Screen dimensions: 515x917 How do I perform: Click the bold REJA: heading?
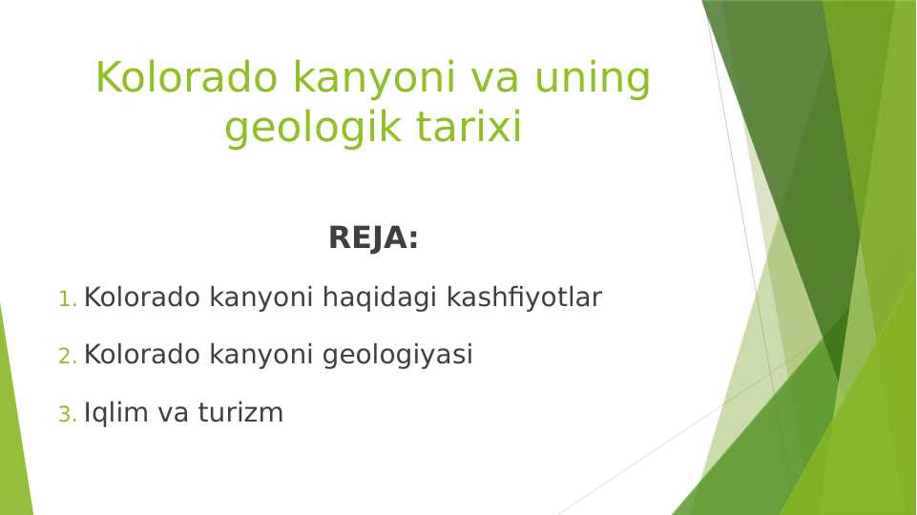[x=373, y=238]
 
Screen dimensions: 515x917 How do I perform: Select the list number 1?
[x=66, y=299]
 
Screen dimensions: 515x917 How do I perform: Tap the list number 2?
[x=66, y=357]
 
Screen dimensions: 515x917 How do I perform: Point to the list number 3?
[x=66, y=415]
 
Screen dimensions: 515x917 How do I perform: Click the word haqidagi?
[x=381, y=299]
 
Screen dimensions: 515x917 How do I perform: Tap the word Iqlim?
[x=112, y=414]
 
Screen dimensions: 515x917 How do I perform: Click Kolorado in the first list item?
[x=142, y=299]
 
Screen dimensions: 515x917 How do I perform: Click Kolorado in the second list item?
[x=142, y=356]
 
